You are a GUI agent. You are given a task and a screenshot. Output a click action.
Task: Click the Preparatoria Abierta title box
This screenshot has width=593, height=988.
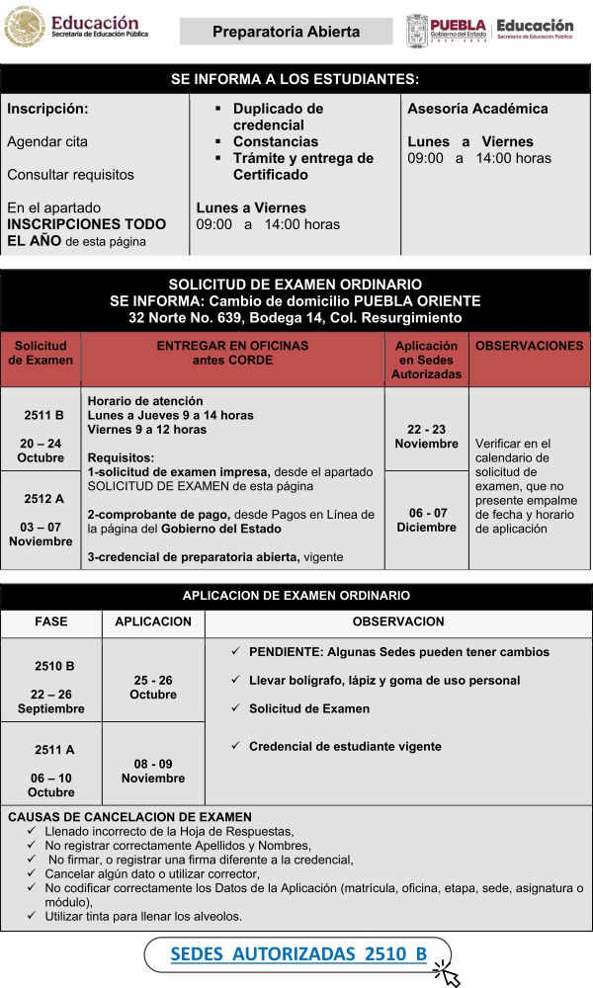point(286,32)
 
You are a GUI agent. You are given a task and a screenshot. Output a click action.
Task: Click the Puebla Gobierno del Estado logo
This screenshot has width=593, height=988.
point(447,30)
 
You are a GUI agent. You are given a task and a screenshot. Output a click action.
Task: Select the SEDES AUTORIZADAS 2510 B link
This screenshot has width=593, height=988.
point(298,953)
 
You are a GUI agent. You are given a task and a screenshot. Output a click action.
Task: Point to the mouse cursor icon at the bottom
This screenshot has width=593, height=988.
point(448,974)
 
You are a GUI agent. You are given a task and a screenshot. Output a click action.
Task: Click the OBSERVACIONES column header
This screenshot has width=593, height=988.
point(529,347)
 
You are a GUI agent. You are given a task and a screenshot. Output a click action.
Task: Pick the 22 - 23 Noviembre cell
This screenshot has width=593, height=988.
point(426,437)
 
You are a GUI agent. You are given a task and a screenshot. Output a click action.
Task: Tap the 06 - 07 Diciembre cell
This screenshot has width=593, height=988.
point(426,520)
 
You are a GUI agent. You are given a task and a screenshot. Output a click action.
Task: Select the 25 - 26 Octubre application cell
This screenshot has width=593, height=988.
point(152,687)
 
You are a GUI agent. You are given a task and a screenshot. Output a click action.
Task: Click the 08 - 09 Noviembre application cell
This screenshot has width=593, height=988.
point(152,771)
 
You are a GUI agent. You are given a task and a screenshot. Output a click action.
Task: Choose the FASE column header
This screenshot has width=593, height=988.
point(51,622)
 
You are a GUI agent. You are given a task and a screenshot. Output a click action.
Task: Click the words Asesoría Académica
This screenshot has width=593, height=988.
point(477,109)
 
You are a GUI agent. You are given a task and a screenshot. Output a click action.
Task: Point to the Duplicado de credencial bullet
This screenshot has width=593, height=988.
point(278,117)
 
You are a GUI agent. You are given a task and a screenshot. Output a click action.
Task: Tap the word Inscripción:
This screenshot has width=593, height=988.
point(47,109)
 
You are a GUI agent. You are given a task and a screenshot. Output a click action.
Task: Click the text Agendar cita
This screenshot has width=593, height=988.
point(47,141)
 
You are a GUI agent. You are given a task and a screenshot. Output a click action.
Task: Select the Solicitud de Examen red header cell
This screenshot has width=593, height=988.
point(41,353)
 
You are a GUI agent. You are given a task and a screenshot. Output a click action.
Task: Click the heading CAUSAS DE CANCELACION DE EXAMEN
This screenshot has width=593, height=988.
point(129,817)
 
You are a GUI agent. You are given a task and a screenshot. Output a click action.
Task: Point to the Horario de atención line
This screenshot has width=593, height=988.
point(145,401)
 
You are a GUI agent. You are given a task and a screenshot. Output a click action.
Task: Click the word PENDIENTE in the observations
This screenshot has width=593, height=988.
point(285,652)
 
